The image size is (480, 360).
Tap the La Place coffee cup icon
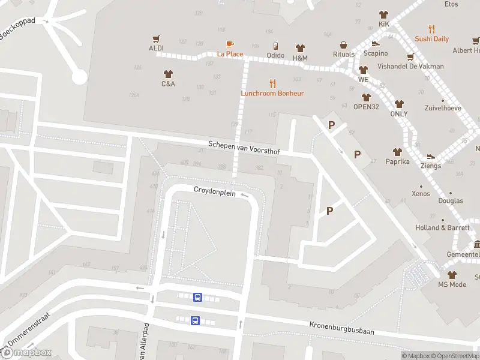coord(230,44)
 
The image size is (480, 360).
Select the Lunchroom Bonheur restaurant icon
coord(272,83)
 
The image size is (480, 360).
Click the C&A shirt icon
coord(168,74)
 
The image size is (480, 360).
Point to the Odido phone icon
coord(275,46)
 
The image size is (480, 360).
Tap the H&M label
coord(300,58)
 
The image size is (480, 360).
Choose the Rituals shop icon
coord(344,45)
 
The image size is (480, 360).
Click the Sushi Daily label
coord(431,39)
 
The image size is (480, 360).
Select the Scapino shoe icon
coord(376,43)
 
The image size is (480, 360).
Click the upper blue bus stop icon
coord(197,297)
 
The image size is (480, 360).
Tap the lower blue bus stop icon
coord(195,320)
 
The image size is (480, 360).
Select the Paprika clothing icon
coord(397,152)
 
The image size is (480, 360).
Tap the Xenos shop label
coord(421,194)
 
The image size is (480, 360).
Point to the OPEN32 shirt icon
coord(366,97)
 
